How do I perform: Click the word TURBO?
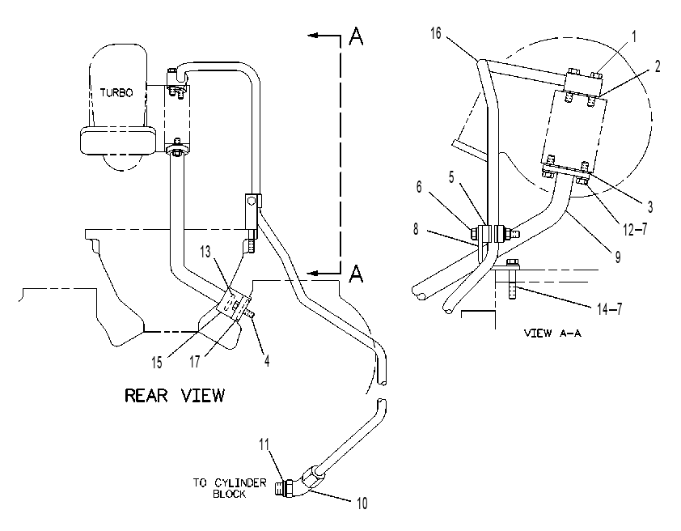[116, 92]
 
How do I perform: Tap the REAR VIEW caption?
[175, 396]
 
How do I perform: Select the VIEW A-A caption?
[552, 333]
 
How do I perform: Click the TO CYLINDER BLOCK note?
[230, 488]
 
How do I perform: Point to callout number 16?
[436, 33]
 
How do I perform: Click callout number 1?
[633, 36]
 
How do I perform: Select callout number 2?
[657, 66]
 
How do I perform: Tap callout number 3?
[650, 207]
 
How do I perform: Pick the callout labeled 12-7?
[635, 228]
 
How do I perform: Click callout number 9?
[618, 257]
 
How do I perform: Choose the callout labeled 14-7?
[609, 309]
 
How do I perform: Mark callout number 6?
[419, 186]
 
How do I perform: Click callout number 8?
[416, 228]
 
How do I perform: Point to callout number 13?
[205, 252]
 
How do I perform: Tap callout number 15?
[156, 362]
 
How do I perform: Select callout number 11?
[264, 444]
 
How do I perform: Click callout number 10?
[362, 503]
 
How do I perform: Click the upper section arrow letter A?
[356, 36]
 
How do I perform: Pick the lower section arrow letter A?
[356, 274]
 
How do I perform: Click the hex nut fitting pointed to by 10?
[311, 478]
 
